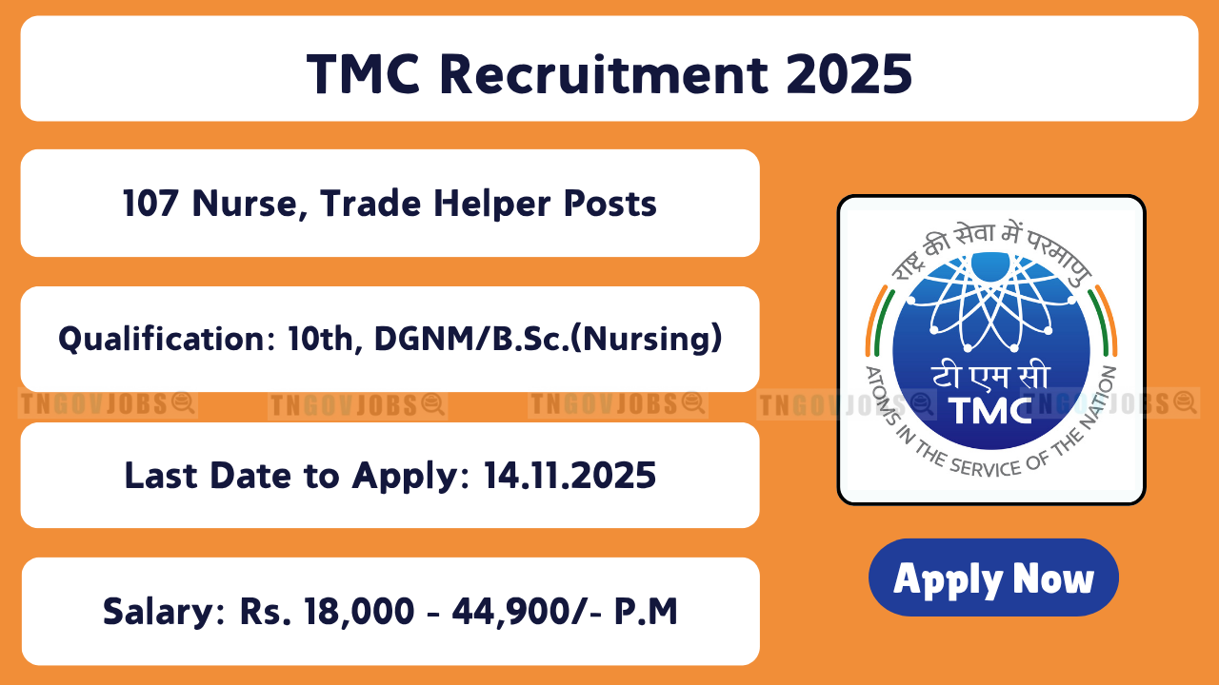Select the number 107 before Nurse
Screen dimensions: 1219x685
pyautogui.click(x=150, y=204)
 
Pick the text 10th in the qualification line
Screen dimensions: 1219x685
pyautogui.click(x=321, y=339)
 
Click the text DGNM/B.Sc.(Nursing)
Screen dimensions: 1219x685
pyautogui.click(x=548, y=339)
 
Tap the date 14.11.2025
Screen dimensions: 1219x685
pyautogui.click(x=570, y=476)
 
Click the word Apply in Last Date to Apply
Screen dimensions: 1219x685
pyautogui.click(x=406, y=477)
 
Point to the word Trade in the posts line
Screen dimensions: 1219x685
pyautogui.click(x=370, y=204)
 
